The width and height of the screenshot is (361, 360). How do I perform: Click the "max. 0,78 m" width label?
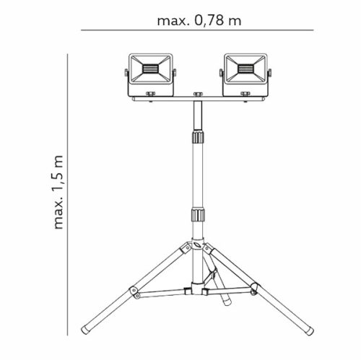[x=198, y=20]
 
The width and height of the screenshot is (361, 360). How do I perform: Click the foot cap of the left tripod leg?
[x=86, y=329]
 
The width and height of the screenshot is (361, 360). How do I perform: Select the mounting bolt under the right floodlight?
[x=244, y=94]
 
